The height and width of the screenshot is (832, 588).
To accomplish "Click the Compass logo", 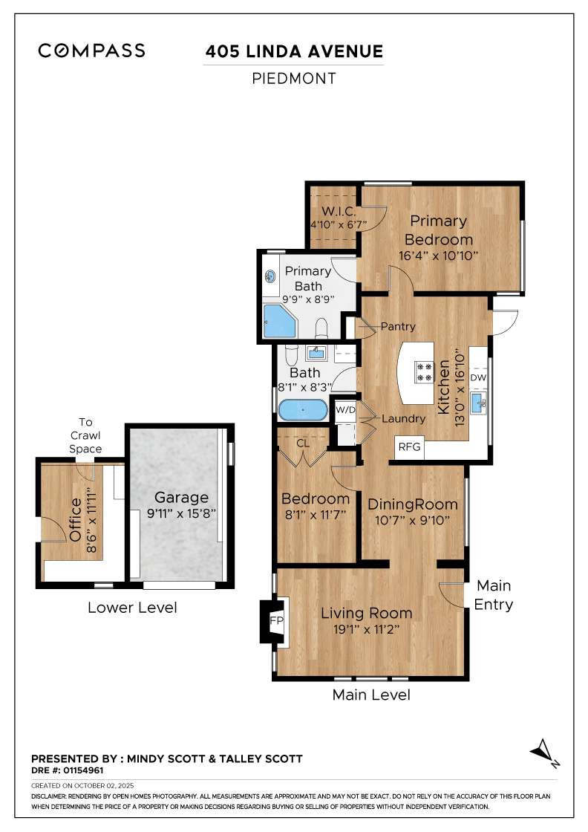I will coord(91,51).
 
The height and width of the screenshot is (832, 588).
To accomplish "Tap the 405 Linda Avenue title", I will coord(294,51).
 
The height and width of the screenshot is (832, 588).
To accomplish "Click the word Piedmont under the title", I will coord(294,78).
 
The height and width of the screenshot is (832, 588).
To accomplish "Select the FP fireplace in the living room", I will coord(276,620).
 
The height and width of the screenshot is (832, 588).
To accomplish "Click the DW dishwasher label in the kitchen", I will coord(479,377).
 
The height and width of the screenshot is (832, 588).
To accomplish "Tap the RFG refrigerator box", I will coord(409,447).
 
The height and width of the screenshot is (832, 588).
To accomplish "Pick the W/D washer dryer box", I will coord(344,409).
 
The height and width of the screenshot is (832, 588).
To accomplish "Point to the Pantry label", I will coord(397,326).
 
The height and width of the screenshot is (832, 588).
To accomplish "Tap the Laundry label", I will coord(403,418).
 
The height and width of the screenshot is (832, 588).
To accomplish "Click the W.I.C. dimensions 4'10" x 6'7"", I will coord(334,224).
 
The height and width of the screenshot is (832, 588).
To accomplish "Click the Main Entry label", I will coord(494,594).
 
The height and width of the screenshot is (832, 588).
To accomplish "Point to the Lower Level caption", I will coord(132,607).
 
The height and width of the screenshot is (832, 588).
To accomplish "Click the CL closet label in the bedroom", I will coord(302,443).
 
